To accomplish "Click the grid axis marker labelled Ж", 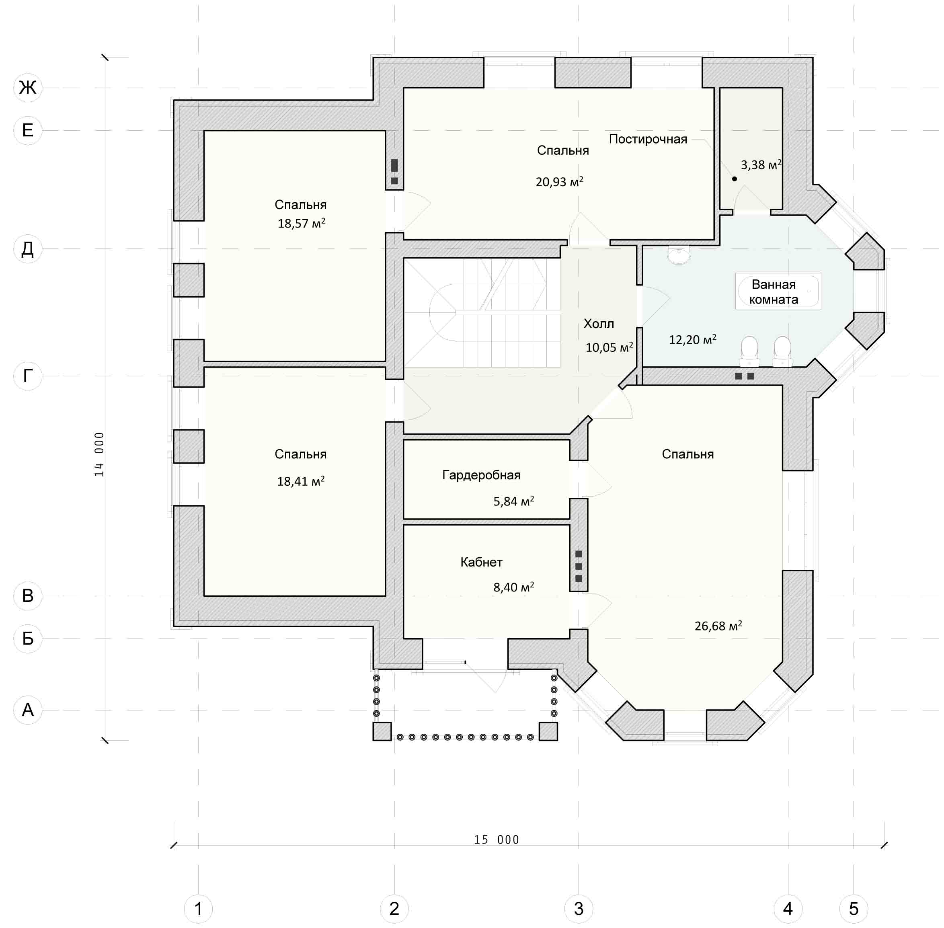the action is pos(28,88).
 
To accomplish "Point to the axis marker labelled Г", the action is pos(28,376).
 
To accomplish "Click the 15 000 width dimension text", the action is pos(497,839).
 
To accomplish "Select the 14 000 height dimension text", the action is pos(99,454).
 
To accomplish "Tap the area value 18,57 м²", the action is pos(301,223).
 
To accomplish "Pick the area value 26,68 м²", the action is pos(718,626).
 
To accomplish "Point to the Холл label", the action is pos(599,324).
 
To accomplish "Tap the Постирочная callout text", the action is pos(648,140).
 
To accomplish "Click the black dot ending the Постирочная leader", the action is pos(734,179).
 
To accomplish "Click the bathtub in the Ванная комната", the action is pos(778,291).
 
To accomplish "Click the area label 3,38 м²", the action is pos(761,165).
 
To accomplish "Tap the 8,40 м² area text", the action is pos(514,587).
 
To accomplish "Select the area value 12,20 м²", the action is pos(692,340).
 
